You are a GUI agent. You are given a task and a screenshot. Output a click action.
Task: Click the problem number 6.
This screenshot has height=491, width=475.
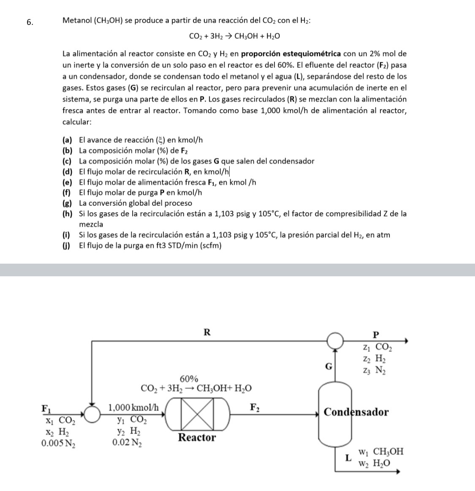[30, 23]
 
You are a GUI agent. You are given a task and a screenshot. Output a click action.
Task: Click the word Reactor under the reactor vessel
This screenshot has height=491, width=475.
[197, 437]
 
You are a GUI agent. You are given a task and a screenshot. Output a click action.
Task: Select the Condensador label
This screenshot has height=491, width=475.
[356, 412]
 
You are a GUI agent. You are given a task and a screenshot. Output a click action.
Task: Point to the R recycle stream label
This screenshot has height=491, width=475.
[207, 332]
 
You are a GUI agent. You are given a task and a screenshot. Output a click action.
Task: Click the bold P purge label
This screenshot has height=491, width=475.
[377, 335]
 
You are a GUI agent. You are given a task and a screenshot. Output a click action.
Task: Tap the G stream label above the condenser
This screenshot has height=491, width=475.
[328, 366]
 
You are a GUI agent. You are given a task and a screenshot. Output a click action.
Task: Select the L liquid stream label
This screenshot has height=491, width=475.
[348, 457]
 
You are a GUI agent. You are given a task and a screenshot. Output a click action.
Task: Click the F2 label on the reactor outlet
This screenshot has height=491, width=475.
[255, 407]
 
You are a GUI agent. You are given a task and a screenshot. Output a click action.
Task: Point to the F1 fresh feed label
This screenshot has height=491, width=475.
[46, 408]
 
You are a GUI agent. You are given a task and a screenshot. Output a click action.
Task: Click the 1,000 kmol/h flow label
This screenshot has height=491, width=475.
[134, 407]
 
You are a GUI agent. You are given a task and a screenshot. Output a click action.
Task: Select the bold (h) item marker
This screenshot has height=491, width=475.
[67, 214]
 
